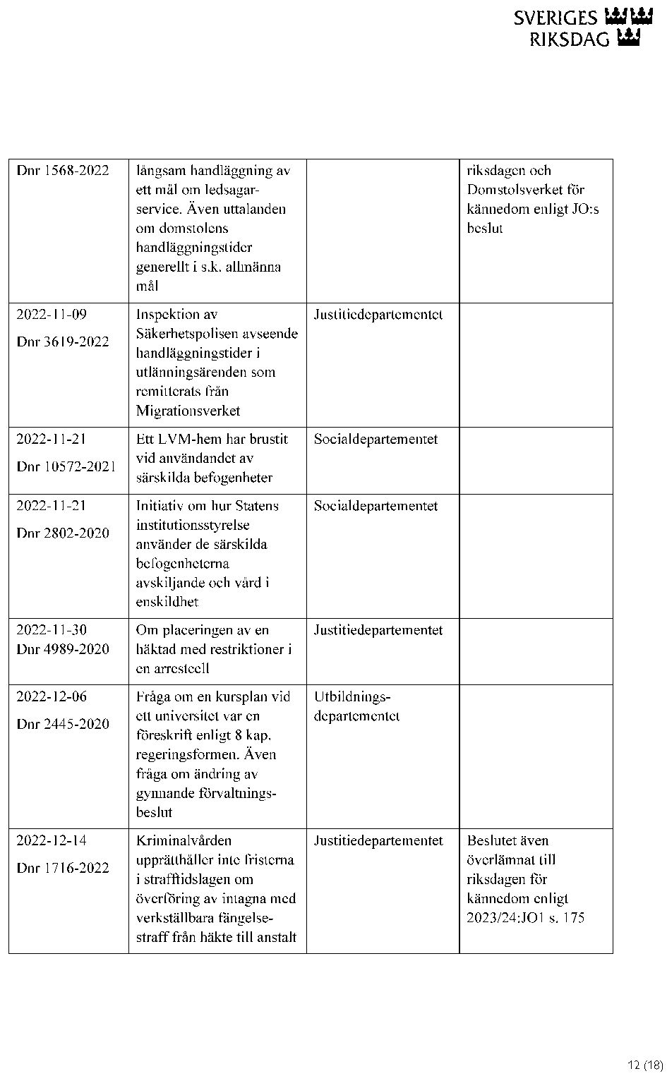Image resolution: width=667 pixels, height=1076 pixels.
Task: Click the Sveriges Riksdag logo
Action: [x=583, y=28]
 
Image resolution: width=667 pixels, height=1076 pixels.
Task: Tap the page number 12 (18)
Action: [x=645, y=1065]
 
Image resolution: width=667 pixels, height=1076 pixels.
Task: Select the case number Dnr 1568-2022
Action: [x=63, y=171]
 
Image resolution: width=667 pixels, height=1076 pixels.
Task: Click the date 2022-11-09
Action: [x=52, y=315]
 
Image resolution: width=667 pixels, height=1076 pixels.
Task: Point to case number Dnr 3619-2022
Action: [x=63, y=342]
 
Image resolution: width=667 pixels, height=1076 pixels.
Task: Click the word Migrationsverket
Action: [x=188, y=411]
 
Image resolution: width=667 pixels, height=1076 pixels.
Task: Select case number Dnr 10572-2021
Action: [x=66, y=466]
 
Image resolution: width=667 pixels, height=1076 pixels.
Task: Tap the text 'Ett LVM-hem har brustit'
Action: [x=212, y=440]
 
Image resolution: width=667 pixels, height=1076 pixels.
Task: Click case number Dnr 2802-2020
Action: [x=63, y=533]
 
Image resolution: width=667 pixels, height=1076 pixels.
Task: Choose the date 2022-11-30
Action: [x=52, y=630]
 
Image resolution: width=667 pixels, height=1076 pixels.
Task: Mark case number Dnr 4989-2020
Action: [x=63, y=649]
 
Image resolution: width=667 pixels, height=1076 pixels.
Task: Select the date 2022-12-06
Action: [x=52, y=696]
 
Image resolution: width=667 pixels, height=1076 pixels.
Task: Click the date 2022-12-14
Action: [x=52, y=840]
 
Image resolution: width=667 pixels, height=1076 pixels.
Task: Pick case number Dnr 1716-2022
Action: [x=63, y=868]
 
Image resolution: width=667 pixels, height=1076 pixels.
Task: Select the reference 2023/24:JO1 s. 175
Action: [x=526, y=918]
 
